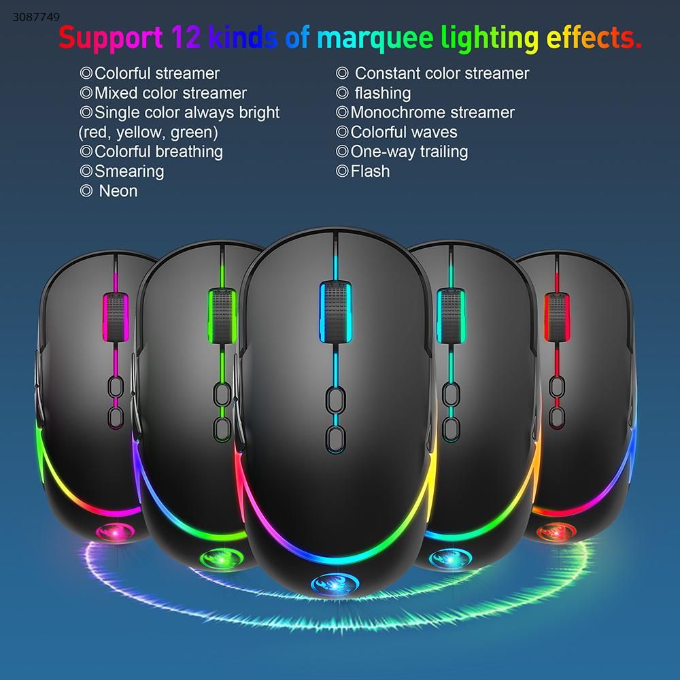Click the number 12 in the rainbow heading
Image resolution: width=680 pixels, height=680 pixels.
(x=186, y=37)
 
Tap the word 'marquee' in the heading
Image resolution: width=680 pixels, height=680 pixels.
(x=375, y=39)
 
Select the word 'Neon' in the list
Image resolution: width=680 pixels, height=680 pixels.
(x=118, y=191)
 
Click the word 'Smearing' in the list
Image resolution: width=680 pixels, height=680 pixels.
(x=129, y=171)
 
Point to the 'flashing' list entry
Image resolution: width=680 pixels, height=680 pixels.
(x=382, y=93)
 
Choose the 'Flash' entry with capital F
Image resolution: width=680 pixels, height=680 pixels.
(x=370, y=171)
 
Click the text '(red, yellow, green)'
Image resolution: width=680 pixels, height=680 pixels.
(x=148, y=133)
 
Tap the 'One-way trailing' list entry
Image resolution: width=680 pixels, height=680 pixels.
(x=409, y=152)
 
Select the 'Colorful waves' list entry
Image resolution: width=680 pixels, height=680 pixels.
(x=404, y=132)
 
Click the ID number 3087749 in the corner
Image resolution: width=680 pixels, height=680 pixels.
(x=36, y=17)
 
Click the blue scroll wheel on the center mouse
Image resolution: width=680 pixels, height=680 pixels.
(x=335, y=311)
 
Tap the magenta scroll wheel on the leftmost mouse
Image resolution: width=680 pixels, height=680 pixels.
(x=116, y=318)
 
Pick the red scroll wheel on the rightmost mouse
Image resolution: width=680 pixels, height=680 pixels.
(x=557, y=317)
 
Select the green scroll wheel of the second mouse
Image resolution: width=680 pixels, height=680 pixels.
(x=222, y=316)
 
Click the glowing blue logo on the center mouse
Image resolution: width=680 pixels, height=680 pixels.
(x=335, y=585)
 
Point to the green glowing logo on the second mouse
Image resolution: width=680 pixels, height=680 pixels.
(x=222, y=559)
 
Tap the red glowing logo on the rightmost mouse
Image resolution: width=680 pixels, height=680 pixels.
(x=556, y=532)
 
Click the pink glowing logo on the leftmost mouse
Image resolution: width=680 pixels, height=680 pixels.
(x=116, y=532)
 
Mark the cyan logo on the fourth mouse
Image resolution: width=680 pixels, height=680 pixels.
(x=450, y=559)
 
